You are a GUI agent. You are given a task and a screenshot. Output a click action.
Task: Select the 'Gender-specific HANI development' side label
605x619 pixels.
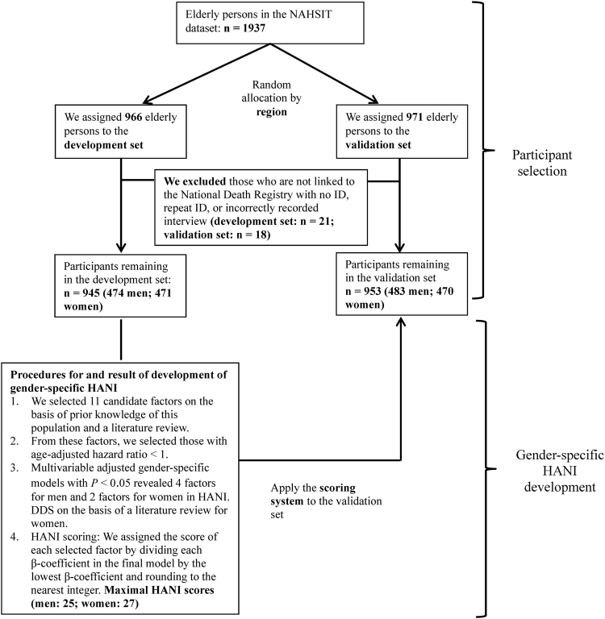point(551,465)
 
